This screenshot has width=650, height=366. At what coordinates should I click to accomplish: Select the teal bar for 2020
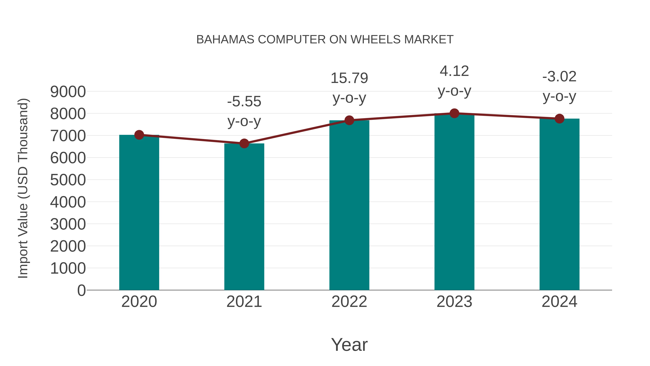coord(139,212)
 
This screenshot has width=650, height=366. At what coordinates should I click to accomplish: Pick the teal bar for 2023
coord(454,202)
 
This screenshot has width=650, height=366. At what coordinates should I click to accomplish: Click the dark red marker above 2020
coord(139,135)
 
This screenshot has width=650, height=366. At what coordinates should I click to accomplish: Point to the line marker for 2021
coord(244,144)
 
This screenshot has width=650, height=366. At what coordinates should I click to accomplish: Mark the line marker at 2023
coord(454,113)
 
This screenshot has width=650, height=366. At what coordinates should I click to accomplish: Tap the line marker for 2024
coord(559,118)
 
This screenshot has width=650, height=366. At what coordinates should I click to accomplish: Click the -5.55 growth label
coord(244,102)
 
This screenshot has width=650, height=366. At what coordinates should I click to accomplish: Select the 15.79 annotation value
coord(349,78)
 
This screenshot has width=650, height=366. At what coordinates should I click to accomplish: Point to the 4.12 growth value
coord(454,71)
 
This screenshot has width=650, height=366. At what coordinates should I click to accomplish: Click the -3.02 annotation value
coord(559,76)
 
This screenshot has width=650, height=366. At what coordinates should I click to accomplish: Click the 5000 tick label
coord(68,180)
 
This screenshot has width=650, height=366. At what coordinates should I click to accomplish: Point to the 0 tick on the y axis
coord(81,290)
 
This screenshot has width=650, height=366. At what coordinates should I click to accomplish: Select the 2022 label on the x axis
coord(349,302)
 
